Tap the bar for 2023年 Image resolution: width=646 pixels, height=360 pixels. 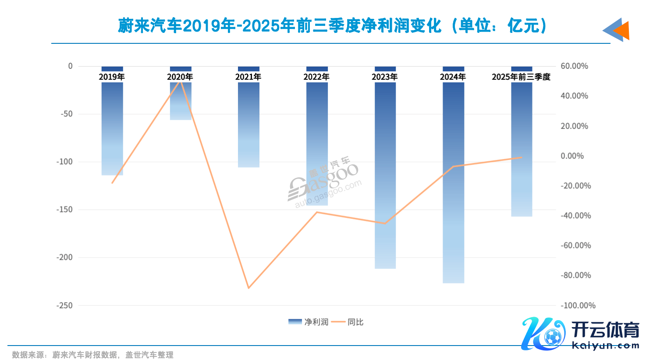click(x=385, y=175)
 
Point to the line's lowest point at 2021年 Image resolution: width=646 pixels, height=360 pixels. click(x=248, y=288)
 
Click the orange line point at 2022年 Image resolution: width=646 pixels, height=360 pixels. click(x=317, y=212)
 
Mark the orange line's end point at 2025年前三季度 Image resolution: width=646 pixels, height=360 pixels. click(x=521, y=158)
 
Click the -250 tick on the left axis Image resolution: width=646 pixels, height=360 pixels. click(x=64, y=305)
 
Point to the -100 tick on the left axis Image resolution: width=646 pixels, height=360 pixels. click(x=64, y=162)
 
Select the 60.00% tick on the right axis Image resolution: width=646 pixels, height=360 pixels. click(x=574, y=66)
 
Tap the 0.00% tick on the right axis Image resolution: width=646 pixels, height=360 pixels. click(x=572, y=156)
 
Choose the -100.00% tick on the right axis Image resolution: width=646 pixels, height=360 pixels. click(x=578, y=305)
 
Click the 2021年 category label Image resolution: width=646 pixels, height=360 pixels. click(x=248, y=77)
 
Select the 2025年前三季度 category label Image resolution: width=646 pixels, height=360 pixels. click(x=521, y=77)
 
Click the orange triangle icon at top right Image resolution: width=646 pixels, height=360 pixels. click(x=622, y=31)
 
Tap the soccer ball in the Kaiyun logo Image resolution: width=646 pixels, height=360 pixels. click(x=552, y=337)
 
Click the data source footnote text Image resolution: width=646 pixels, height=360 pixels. click(x=92, y=355)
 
